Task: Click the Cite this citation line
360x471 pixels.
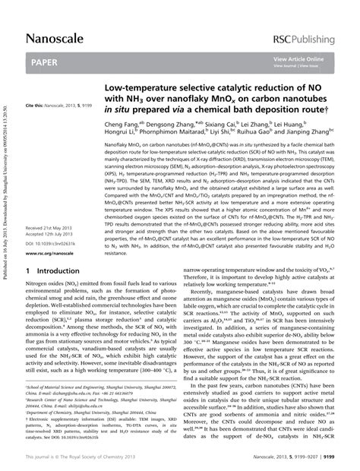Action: [61, 105]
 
